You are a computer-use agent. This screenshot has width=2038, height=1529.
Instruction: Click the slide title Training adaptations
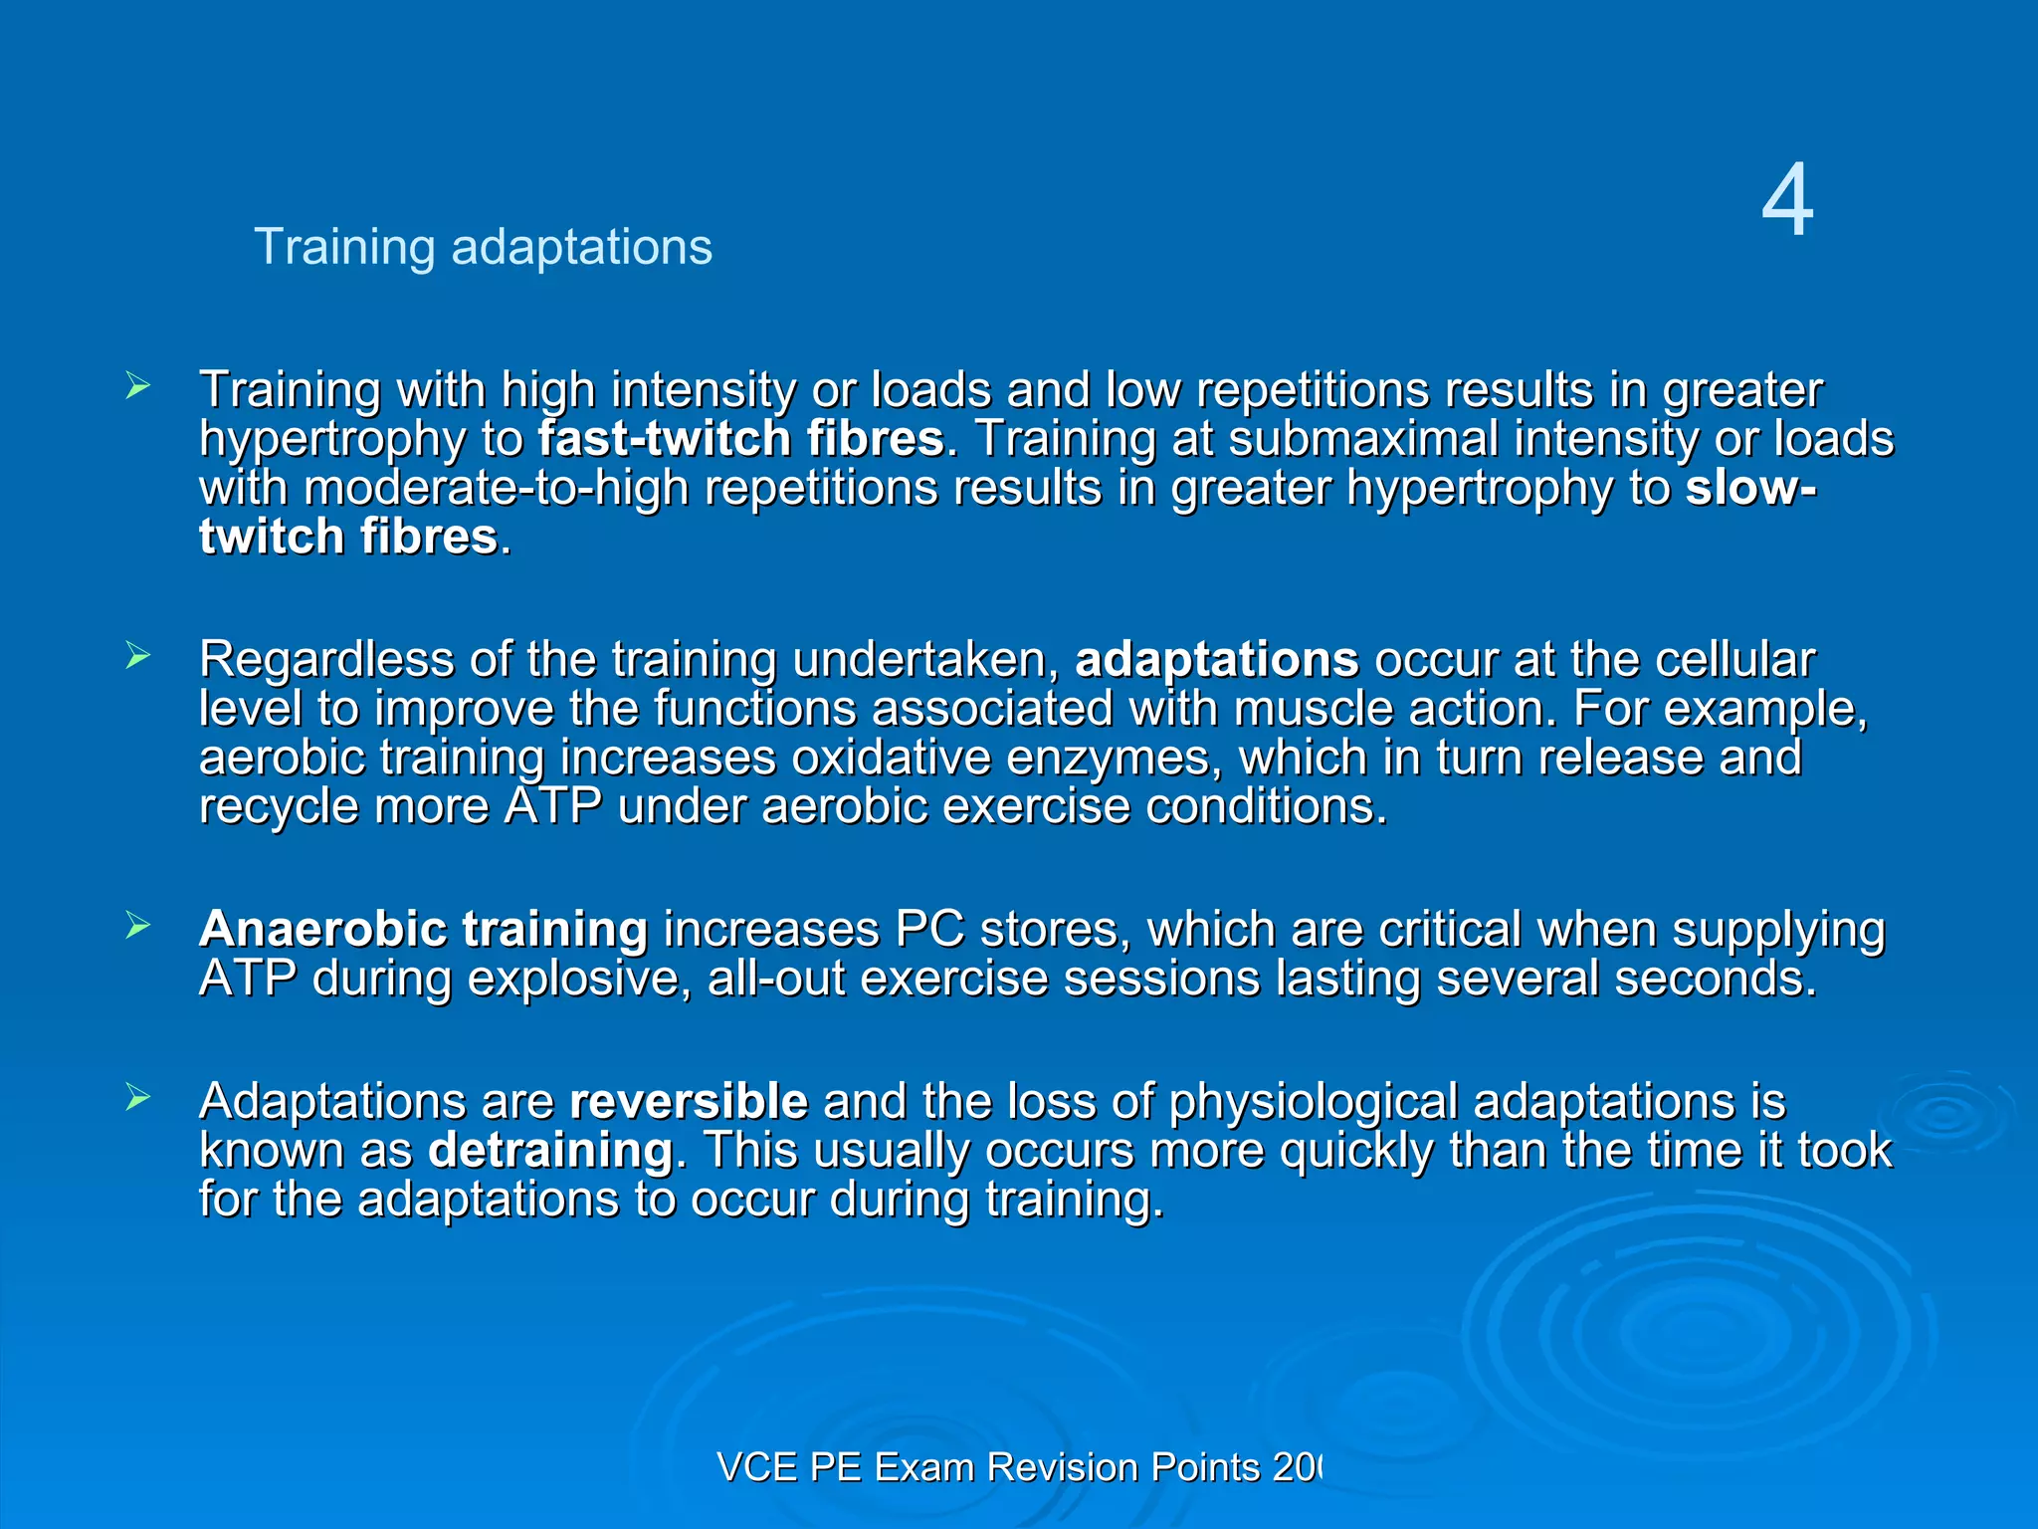(483, 247)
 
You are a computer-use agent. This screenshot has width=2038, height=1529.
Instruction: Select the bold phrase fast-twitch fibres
(741, 439)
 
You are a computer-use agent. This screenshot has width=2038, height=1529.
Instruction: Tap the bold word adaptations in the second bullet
(1216, 660)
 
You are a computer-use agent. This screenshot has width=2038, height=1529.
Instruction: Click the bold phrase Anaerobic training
(423, 930)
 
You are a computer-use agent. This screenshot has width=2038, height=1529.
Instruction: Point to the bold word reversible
(689, 1102)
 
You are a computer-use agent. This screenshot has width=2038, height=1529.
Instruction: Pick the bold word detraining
(550, 1151)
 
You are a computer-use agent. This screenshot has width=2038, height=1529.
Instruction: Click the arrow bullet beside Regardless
(138, 655)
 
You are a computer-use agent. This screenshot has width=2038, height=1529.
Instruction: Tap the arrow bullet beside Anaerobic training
(138, 926)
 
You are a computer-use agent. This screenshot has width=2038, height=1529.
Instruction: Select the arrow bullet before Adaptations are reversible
(138, 1097)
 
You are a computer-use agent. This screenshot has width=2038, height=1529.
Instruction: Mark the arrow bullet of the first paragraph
(138, 385)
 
